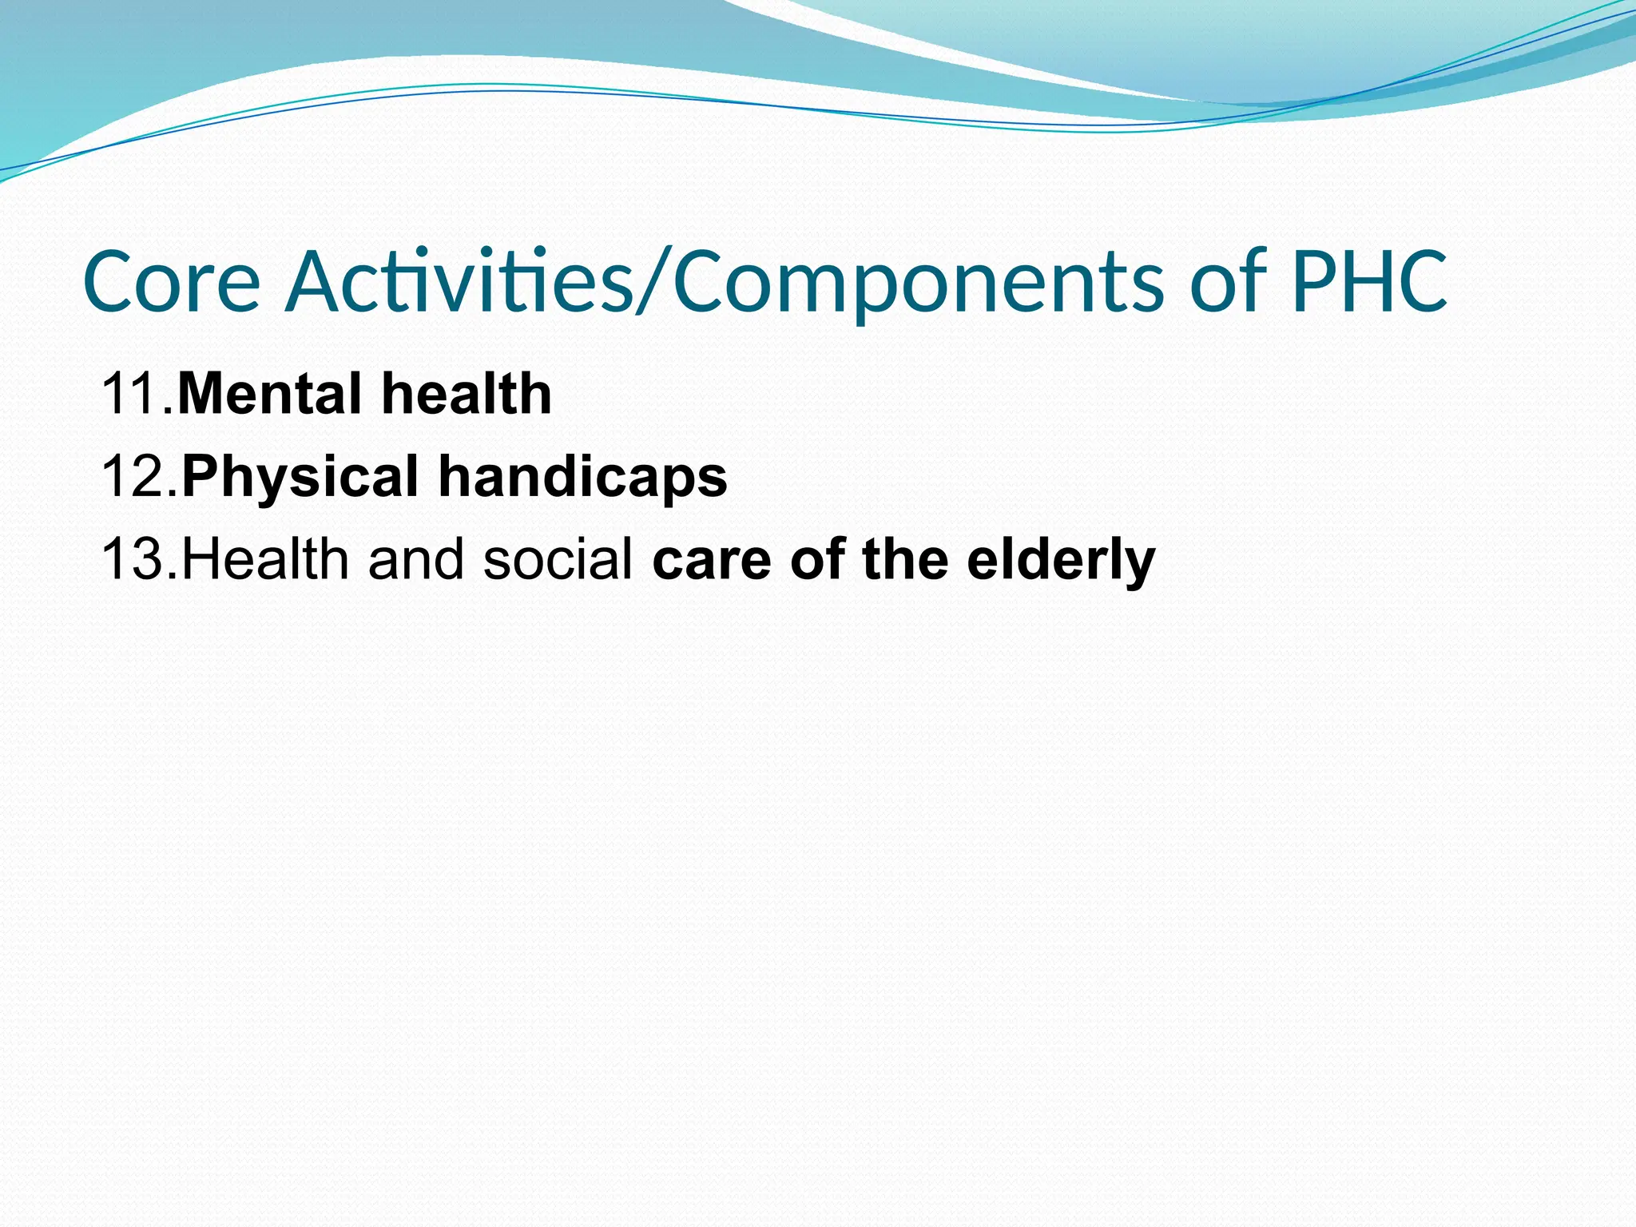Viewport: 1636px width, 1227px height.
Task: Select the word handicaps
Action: point(582,477)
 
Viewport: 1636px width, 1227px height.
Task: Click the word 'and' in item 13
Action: point(415,559)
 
